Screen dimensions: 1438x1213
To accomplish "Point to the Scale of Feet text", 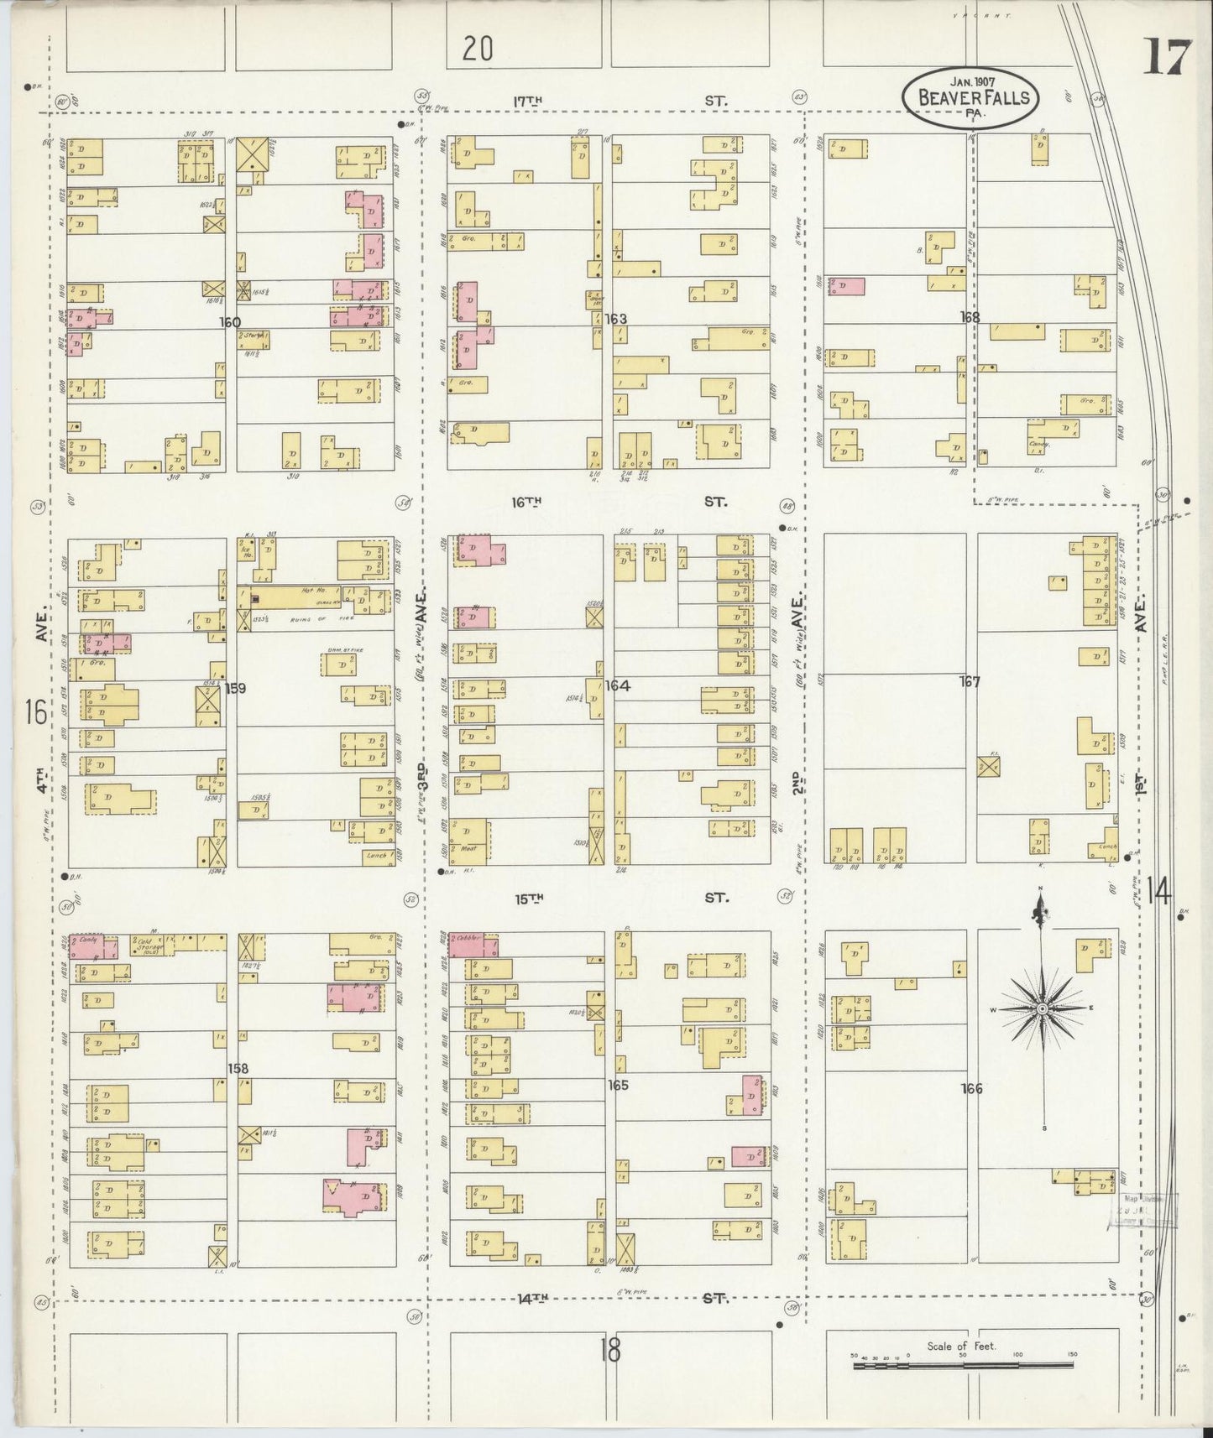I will [961, 1346].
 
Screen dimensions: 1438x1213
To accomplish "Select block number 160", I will [230, 322].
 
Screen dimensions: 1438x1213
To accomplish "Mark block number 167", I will [970, 682].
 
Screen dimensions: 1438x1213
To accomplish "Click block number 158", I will [238, 1069].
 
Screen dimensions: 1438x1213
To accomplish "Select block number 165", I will [618, 1085].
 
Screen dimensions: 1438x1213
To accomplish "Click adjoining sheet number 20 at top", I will [476, 50].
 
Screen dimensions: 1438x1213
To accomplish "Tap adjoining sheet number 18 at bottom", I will [610, 1350].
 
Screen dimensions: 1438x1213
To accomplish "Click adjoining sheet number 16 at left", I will [35, 712].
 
